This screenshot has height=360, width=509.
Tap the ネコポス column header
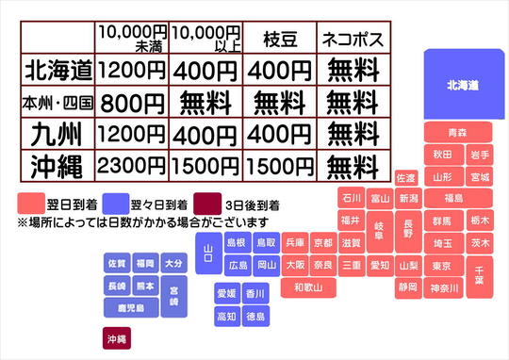350,40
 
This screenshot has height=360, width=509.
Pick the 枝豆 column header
278,40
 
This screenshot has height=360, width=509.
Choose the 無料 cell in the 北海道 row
350,69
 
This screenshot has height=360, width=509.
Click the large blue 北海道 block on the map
463,85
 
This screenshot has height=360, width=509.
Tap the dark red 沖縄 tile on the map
117,338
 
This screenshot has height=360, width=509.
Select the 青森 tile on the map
457,132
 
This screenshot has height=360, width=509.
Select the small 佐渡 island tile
406,178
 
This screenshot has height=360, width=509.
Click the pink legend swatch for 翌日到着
32,205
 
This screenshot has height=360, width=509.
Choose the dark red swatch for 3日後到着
208,205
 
